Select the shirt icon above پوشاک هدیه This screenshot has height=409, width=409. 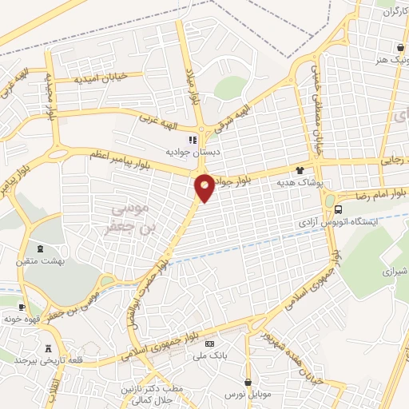[300, 170]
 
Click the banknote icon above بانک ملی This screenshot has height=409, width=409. [210, 343]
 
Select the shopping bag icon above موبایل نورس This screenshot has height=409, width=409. [248, 382]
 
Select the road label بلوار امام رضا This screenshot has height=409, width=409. [379, 193]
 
